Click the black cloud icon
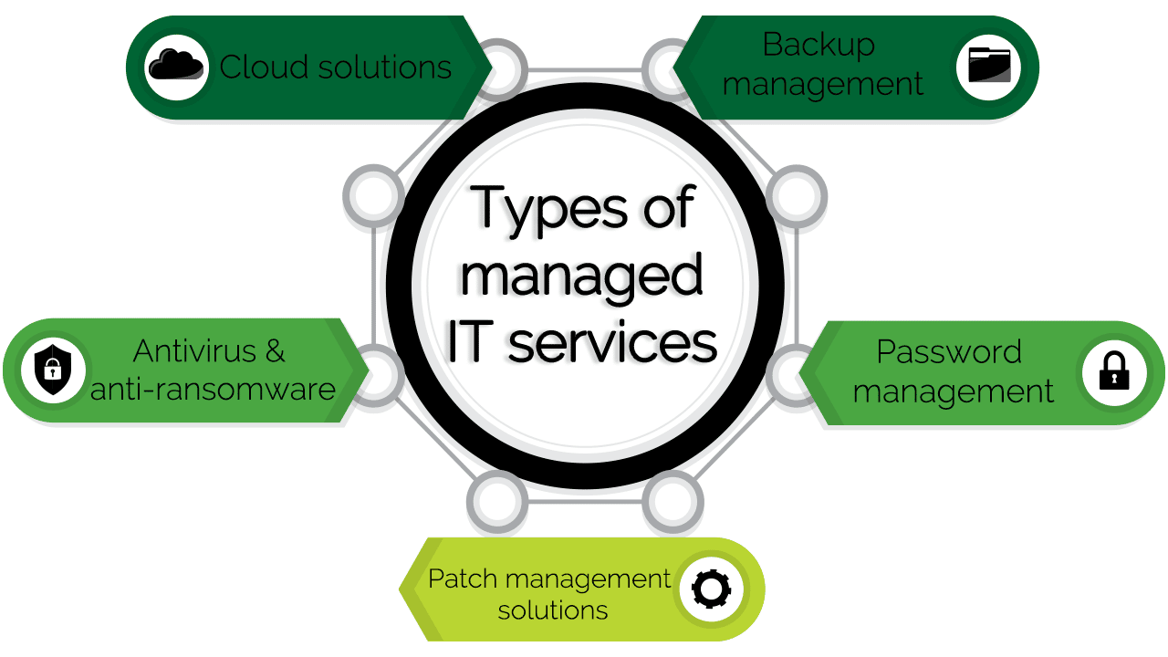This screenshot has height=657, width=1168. point(176,65)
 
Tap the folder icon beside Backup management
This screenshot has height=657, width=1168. point(989,65)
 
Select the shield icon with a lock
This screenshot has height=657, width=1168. point(53,370)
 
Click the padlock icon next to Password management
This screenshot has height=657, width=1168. point(1114,370)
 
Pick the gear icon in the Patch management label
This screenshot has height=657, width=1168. point(711,589)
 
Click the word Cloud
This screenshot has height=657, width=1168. point(264,68)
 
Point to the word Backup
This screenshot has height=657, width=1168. point(819,46)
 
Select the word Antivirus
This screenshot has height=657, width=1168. point(194,351)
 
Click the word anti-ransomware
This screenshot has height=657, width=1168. point(213,390)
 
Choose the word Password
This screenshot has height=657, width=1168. point(949,352)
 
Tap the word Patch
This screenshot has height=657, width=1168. point(463,579)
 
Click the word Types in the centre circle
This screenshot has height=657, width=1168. point(548,210)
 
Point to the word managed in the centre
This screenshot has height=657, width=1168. point(581,276)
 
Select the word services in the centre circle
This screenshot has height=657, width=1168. point(612,343)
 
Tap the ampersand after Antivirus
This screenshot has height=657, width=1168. point(276,351)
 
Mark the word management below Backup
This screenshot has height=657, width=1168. point(823,85)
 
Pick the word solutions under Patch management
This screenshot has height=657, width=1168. point(553,610)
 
